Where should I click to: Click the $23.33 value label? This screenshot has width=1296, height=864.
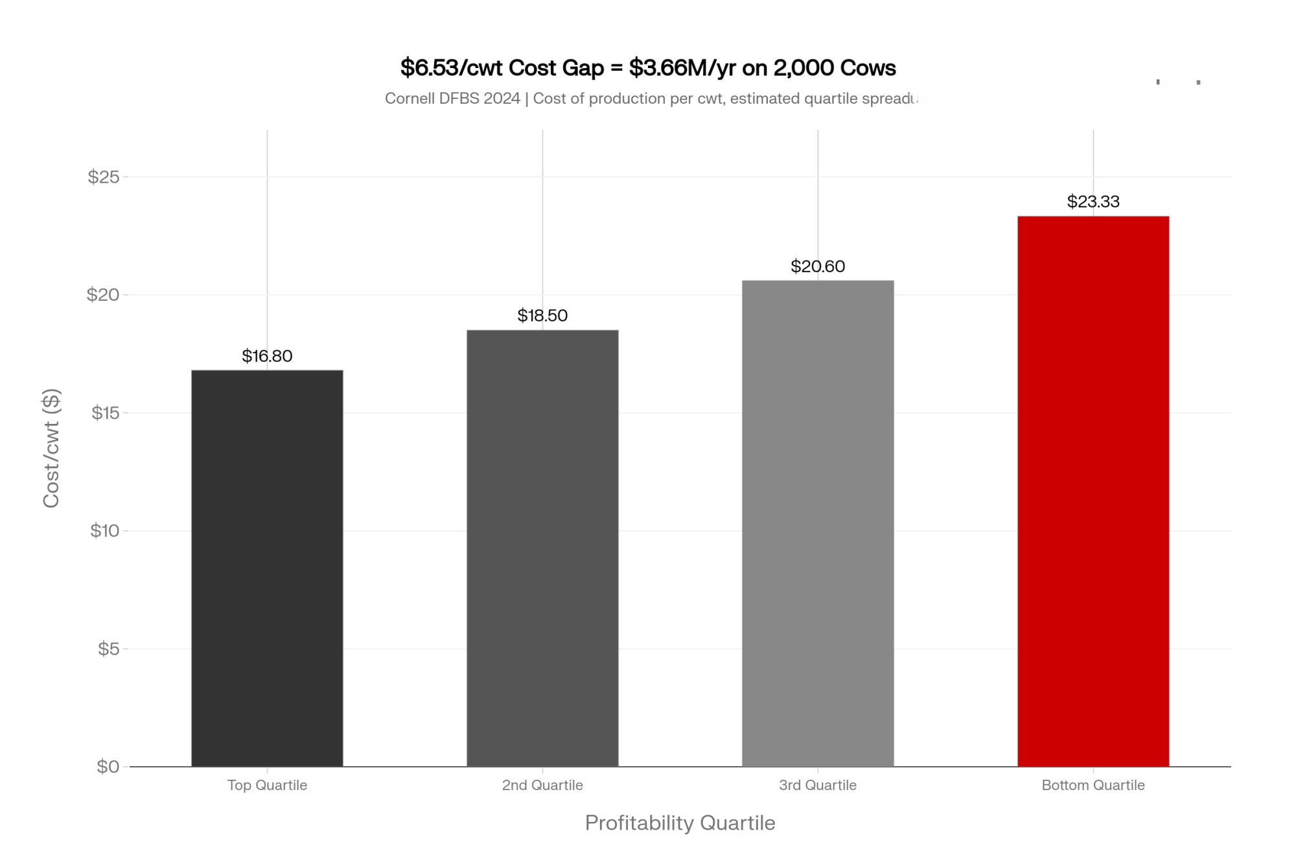(x=1093, y=202)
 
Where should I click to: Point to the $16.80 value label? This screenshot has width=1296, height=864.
(x=267, y=356)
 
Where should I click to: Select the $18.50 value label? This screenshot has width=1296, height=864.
(x=542, y=316)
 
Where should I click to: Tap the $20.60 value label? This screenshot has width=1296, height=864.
(x=818, y=266)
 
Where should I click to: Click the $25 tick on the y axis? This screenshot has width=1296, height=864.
(x=104, y=176)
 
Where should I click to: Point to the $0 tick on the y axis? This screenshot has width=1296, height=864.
(x=108, y=767)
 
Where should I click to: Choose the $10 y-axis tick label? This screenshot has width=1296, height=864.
(x=104, y=531)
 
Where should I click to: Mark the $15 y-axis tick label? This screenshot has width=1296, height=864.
(x=105, y=413)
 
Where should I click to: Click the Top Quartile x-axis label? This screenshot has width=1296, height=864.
(x=267, y=786)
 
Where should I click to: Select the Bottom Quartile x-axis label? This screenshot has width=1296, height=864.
(x=1093, y=786)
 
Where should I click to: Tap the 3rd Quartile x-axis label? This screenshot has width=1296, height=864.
(x=818, y=786)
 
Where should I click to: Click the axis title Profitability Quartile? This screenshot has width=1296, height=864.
(x=680, y=823)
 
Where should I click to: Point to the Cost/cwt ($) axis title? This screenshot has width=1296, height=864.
(x=51, y=448)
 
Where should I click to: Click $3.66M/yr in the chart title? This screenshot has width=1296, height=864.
(x=682, y=68)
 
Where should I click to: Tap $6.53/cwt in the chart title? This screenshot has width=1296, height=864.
(x=451, y=68)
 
